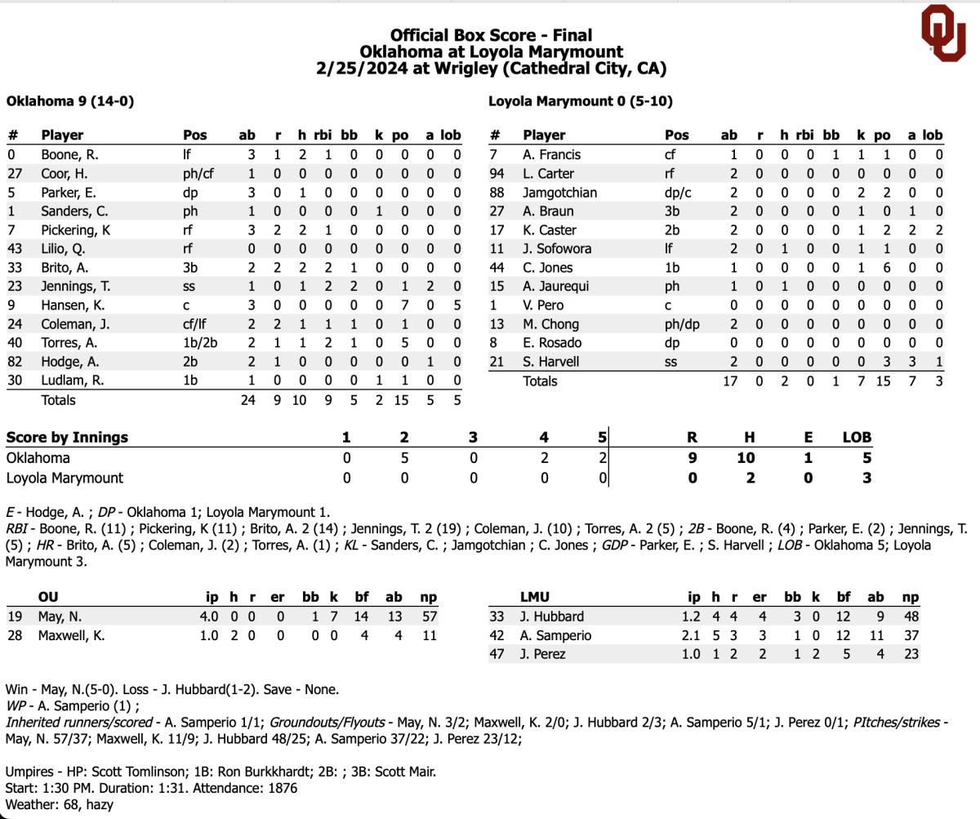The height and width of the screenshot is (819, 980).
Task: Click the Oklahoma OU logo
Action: click(x=943, y=33)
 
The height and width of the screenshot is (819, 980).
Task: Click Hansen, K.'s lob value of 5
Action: click(x=456, y=305)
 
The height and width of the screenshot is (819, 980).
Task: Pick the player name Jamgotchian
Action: click(x=559, y=192)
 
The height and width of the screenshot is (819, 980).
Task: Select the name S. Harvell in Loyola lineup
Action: click(x=550, y=361)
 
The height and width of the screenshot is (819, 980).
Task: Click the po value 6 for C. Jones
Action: click(x=885, y=267)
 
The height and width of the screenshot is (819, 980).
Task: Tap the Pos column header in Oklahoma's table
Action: click(x=195, y=135)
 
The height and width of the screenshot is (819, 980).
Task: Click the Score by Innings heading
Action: click(x=67, y=437)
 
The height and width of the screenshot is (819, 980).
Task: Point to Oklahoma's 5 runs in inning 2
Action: click(x=404, y=457)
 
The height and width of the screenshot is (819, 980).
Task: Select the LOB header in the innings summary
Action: click(x=857, y=437)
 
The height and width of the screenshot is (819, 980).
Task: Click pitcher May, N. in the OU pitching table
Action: click(x=60, y=616)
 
